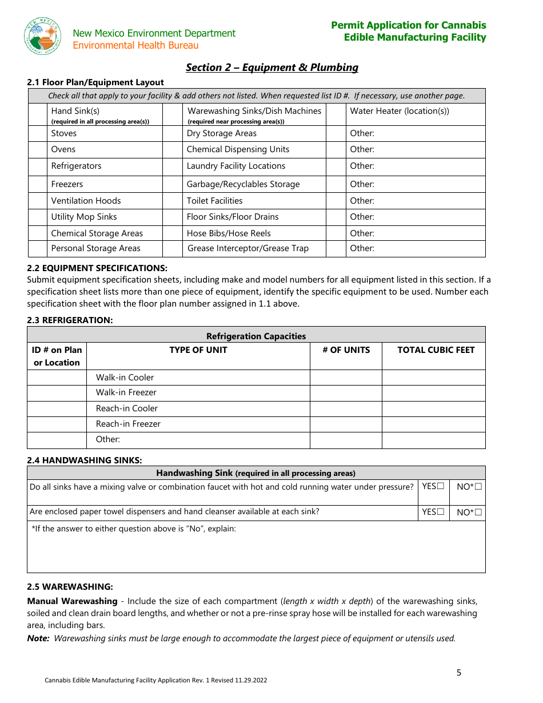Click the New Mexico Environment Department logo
point(43,36)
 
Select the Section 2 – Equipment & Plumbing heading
point(272,67)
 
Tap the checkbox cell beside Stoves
point(38,133)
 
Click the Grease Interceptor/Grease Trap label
point(247,248)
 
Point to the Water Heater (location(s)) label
point(400,111)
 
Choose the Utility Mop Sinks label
point(84,217)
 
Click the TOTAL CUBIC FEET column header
point(436,350)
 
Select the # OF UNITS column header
point(346,350)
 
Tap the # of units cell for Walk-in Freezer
point(346,393)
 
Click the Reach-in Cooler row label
point(127,408)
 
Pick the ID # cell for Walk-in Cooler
point(57,378)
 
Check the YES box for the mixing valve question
point(441,486)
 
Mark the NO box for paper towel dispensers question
point(478,513)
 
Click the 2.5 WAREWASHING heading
point(70,587)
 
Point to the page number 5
point(458,673)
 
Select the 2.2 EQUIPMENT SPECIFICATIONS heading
point(97,268)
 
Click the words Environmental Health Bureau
point(135,45)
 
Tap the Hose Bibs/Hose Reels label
point(229,233)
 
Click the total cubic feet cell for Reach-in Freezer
point(433,424)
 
